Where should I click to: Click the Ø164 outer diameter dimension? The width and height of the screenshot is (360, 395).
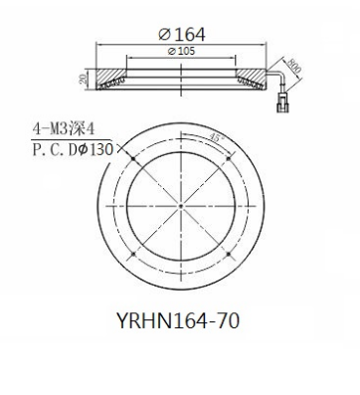(x=182, y=34)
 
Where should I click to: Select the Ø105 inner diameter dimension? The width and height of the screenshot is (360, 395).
(x=181, y=51)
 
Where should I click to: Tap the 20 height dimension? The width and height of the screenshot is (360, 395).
(x=83, y=79)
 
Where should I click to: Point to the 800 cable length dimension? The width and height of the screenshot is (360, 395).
(x=294, y=66)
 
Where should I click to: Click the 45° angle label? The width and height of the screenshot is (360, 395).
(x=215, y=137)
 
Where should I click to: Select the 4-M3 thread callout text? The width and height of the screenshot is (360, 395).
(x=64, y=128)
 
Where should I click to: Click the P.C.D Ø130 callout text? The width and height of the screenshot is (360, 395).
(x=73, y=149)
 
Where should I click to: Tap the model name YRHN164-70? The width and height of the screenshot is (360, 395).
(x=178, y=321)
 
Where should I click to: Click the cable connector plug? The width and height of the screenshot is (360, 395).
(x=282, y=102)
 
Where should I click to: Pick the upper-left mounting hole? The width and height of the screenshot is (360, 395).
(x=133, y=159)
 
